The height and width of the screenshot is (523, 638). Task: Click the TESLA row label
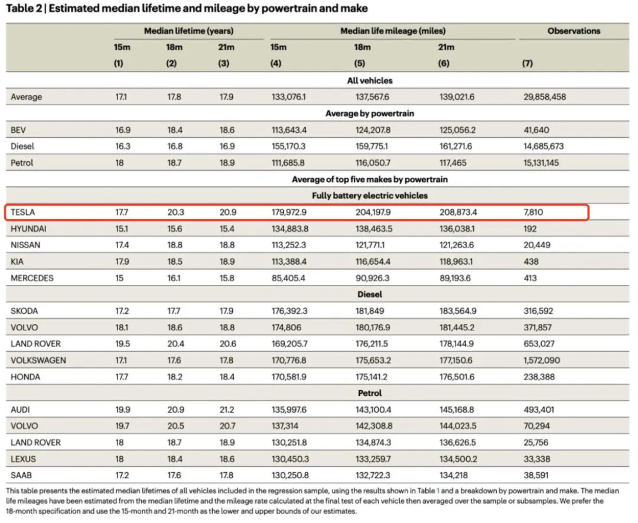(23, 212)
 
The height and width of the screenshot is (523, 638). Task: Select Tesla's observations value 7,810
(533, 212)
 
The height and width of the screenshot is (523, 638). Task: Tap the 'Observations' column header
(574, 31)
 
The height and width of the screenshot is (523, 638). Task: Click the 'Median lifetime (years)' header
(189, 31)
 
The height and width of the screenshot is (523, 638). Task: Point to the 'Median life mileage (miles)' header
(393, 31)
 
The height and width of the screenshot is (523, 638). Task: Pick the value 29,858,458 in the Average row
(545, 97)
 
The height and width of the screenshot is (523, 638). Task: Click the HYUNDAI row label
(28, 229)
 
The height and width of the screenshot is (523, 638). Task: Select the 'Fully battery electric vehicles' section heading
(370, 196)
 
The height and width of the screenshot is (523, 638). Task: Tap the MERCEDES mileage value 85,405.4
(288, 278)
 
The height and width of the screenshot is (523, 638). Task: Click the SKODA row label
(24, 311)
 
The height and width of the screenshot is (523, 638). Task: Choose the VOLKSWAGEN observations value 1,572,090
(542, 360)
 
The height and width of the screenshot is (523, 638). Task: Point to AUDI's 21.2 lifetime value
(227, 410)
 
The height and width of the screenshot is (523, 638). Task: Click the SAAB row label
(21, 475)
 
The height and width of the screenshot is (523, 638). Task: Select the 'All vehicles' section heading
(370, 80)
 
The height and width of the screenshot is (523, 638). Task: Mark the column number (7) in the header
(528, 63)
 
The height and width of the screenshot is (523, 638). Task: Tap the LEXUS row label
(23, 459)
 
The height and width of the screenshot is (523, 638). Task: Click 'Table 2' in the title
(24, 8)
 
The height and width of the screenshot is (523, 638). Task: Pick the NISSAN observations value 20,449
(536, 245)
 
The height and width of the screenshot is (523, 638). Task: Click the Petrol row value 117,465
(453, 163)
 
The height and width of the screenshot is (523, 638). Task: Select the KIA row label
(17, 262)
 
